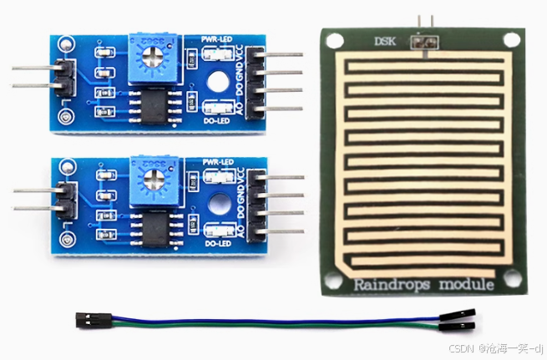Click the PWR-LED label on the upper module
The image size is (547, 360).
click(x=219, y=38)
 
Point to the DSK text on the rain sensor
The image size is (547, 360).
click(x=385, y=41)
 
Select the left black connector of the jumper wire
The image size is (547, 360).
click(x=87, y=319)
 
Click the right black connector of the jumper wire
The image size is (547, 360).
click(x=460, y=321)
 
